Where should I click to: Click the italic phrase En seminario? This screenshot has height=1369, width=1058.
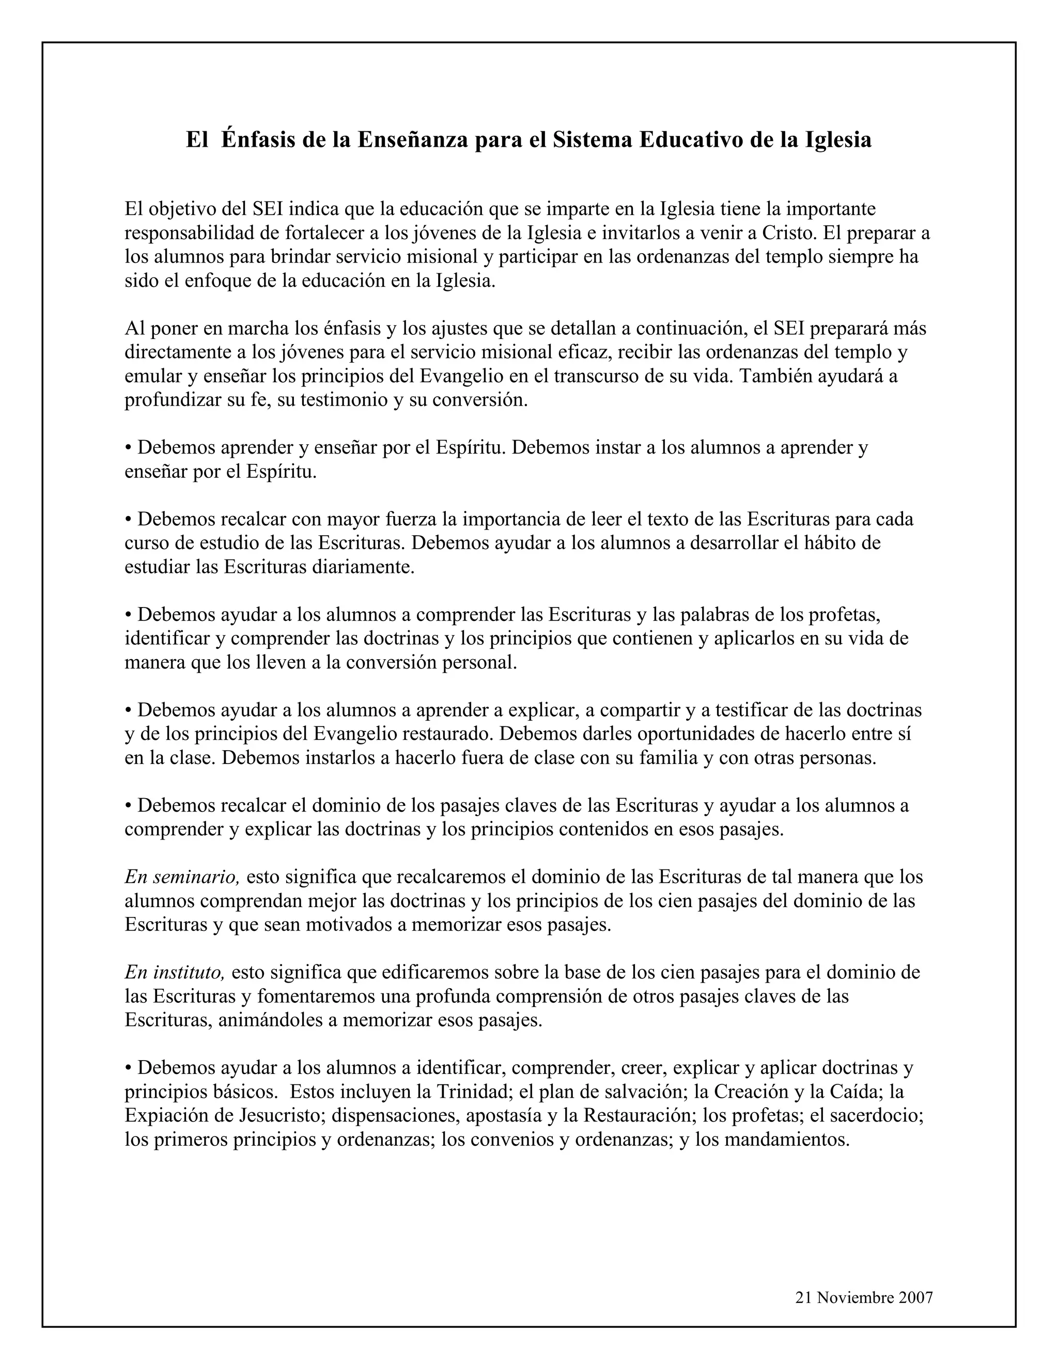pos(182,877)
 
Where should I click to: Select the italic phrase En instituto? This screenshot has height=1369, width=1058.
pos(174,972)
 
